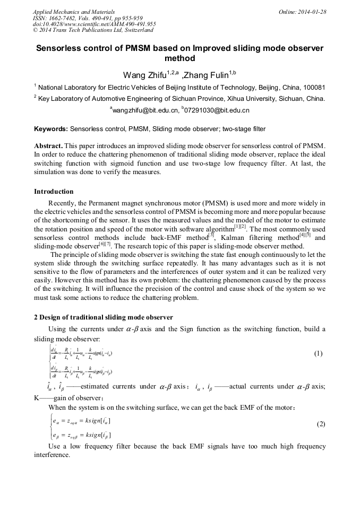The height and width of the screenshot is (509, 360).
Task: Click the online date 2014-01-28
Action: pyautogui.click(x=308, y=11)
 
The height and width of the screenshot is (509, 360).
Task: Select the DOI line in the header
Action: pyautogui.click(x=95, y=24)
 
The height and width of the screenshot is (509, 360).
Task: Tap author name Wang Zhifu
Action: pyautogui.click(x=144, y=74)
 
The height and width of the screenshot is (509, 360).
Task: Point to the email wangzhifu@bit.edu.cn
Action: pyautogui.click(x=144, y=110)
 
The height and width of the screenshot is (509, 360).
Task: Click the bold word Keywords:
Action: pyautogui.click(x=51, y=128)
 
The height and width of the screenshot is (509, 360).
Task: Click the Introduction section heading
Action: pyautogui.click(x=54, y=191)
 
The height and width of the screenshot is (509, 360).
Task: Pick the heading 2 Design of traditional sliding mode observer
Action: pyautogui.click(x=103, y=317)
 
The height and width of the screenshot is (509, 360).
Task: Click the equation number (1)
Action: pyautogui.click(x=318, y=353)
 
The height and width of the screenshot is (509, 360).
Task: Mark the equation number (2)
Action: pyautogui.click(x=321, y=424)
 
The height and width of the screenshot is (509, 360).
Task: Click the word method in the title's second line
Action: pyautogui.click(x=180, y=58)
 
